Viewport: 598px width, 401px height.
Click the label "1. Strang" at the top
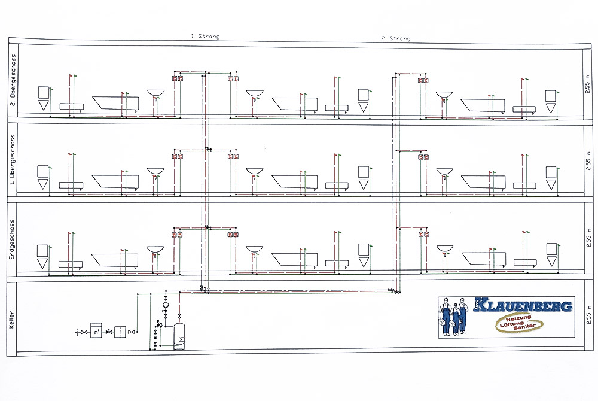[x=205, y=36]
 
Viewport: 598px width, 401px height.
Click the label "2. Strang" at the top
[x=396, y=38]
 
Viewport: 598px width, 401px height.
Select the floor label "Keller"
[x=11, y=320]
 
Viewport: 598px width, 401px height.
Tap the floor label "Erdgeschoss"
[x=11, y=239]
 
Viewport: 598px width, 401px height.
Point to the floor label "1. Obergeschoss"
[x=12, y=159]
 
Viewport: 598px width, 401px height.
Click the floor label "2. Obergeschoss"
[x=13, y=81]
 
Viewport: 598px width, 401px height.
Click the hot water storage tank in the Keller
[x=179, y=336]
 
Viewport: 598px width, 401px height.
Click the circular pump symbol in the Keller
[x=166, y=305]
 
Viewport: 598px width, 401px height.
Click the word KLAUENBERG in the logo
[x=523, y=305]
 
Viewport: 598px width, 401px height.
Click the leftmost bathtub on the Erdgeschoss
[x=115, y=260]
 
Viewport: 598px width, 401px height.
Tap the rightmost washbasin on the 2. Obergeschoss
[x=444, y=95]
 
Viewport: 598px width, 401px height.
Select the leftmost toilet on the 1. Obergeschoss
[x=42, y=177]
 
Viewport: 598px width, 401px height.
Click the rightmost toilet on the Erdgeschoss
[x=551, y=254]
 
